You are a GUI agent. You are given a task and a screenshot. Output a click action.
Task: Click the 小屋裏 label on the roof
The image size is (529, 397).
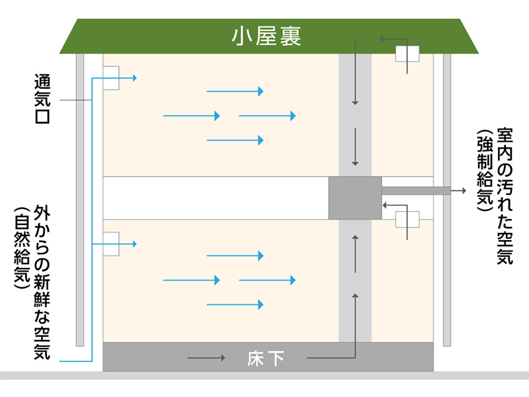click(266, 36)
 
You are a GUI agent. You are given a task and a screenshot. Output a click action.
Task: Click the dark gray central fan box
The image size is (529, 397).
click(355, 198)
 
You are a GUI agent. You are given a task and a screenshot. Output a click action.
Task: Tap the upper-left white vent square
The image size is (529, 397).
click(110, 78)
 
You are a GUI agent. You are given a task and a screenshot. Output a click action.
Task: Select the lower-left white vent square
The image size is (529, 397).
click(110, 243)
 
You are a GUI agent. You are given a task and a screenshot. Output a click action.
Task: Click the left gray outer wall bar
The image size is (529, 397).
click(80, 198)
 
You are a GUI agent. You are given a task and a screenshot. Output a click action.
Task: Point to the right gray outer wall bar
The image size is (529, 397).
click(447, 198)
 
